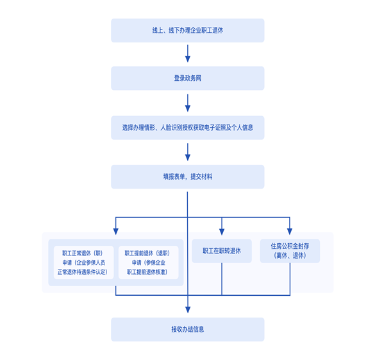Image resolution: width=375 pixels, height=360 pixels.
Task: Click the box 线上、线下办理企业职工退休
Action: tap(187, 30)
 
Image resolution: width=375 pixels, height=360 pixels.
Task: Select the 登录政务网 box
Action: tap(187, 78)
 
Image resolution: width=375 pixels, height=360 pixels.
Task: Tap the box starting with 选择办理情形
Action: tap(187, 128)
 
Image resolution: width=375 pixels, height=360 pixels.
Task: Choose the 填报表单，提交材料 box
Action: tap(187, 176)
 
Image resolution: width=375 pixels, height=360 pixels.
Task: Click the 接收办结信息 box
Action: tap(187, 329)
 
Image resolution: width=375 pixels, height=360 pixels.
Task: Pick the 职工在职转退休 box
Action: tap(222, 251)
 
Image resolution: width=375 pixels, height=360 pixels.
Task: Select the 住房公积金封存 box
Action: tap(290, 251)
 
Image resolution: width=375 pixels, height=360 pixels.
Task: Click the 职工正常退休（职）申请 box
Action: tap(83, 262)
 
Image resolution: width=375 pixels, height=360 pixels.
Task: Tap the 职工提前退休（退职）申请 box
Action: tap(149, 262)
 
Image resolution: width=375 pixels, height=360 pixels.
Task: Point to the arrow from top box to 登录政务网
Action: tap(188, 53)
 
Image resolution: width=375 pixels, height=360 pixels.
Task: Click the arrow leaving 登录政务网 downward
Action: tap(188, 103)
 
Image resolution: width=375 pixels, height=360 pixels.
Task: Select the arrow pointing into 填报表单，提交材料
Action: tap(188, 152)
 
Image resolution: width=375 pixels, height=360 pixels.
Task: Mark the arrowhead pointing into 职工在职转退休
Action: tap(222, 232)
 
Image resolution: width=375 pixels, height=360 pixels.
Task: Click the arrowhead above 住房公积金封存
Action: tap(290, 232)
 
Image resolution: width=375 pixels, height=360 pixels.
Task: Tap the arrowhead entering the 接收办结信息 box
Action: tap(188, 310)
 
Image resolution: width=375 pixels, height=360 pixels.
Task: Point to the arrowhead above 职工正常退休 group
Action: tap(116, 232)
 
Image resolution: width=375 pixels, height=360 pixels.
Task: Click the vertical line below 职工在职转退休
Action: tap(222, 279)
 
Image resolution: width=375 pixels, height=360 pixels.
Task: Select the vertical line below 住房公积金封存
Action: tap(290, 279)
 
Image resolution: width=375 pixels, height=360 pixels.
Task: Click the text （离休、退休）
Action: tap(290, 255)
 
